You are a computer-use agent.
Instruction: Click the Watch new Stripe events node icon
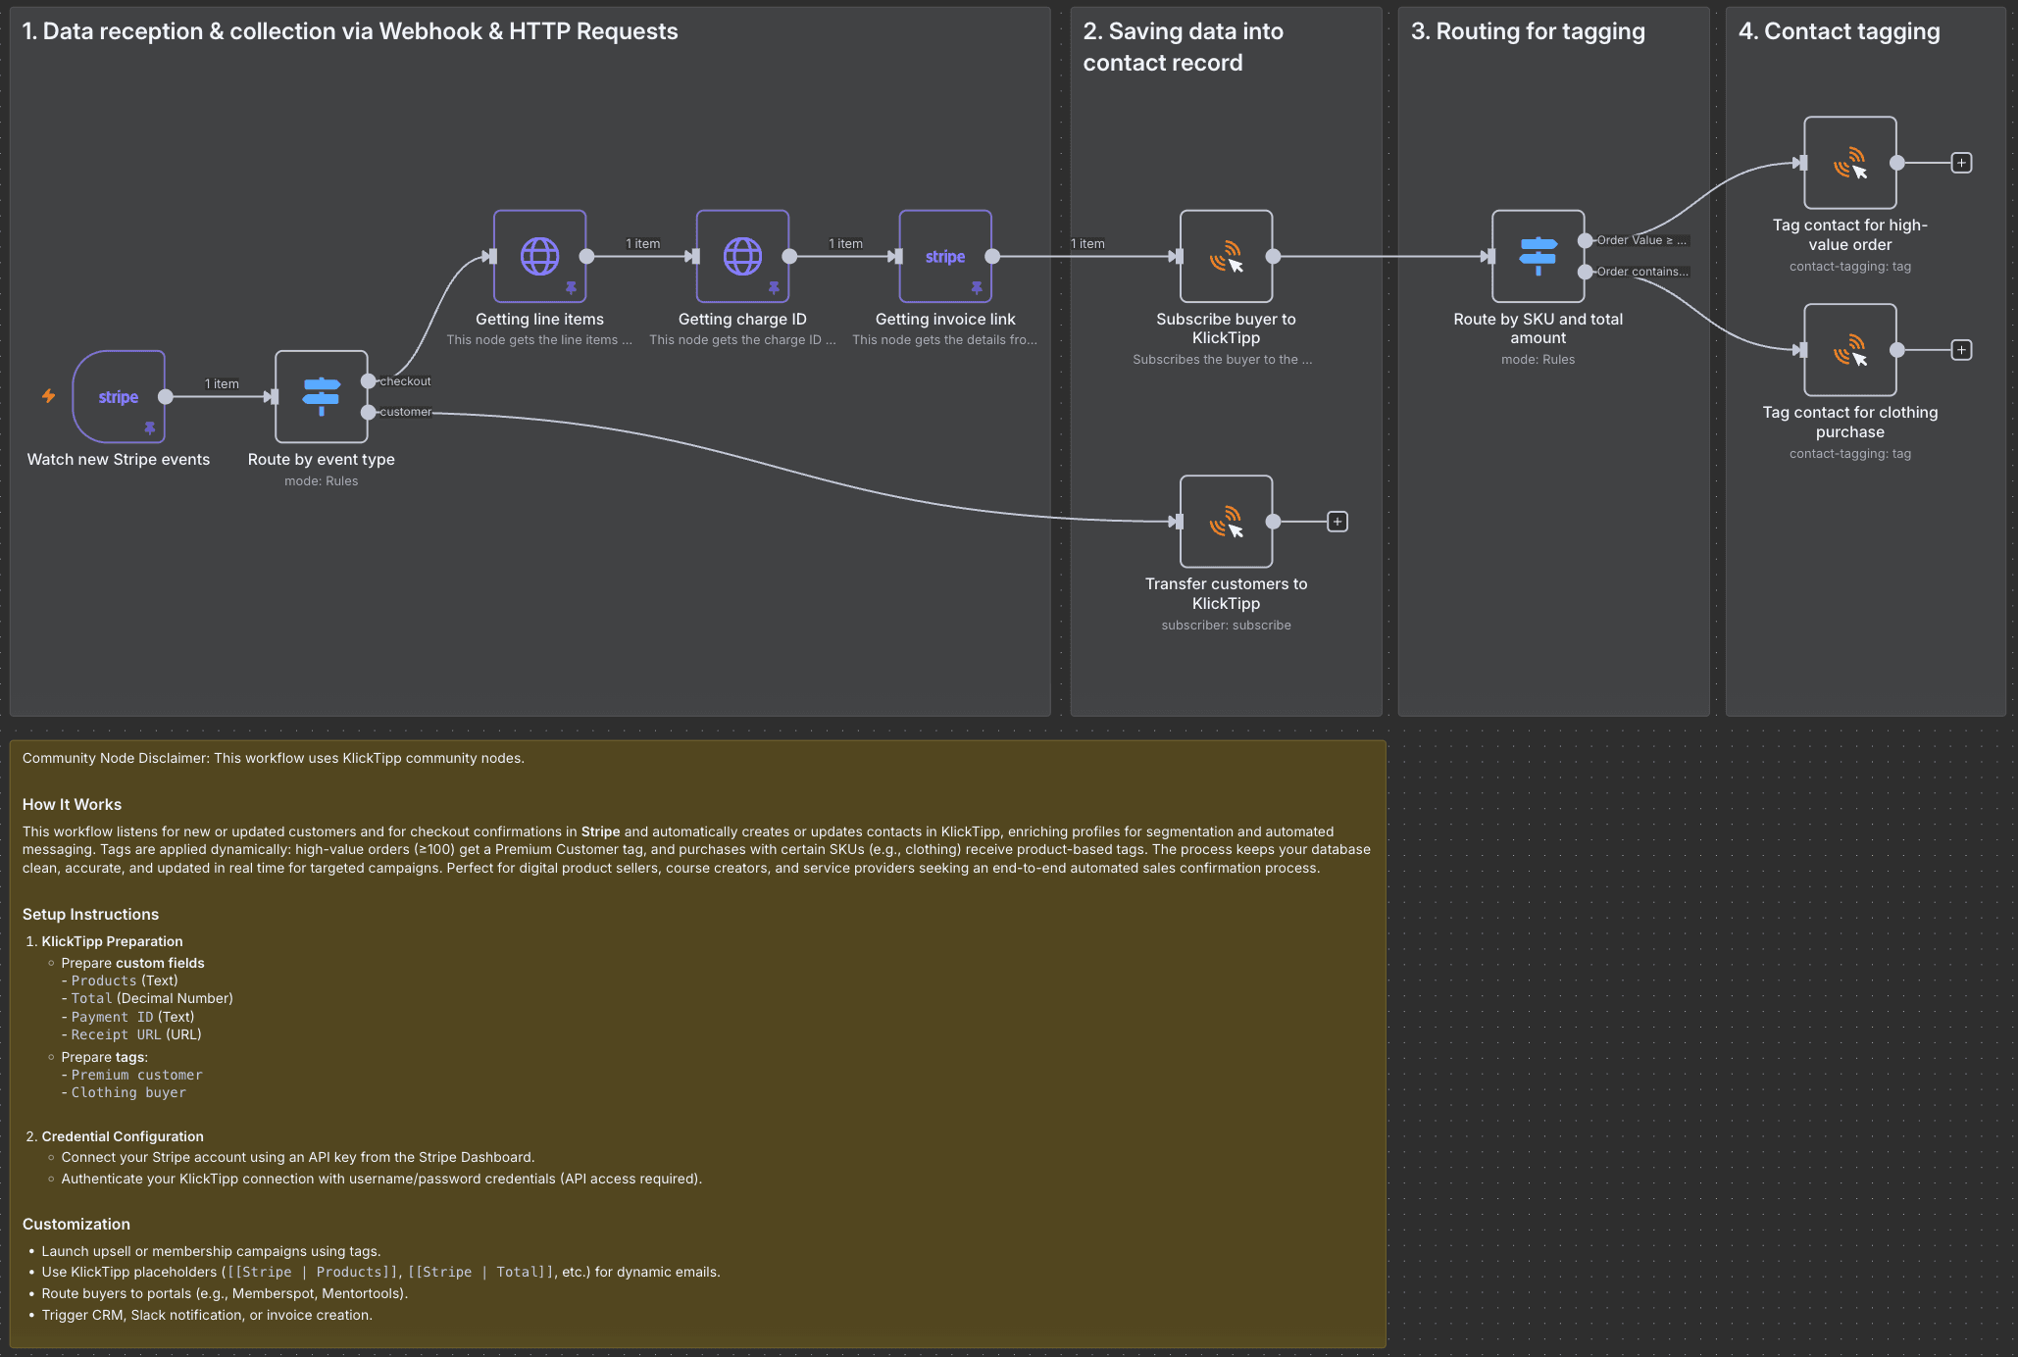click(x=119, y=396)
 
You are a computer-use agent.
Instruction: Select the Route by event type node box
click(x=321, y=396)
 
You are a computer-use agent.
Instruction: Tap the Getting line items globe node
click(x=539, y=256)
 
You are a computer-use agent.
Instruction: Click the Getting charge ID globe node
click(x=742, y=256)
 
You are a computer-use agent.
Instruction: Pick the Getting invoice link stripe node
click(x=945, y=256)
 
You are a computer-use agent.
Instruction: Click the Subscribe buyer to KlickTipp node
click(x=1226, y=256)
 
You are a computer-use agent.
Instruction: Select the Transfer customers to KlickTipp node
click(x=1226, y=521)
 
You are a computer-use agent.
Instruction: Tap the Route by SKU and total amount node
click(x=1538, y=256)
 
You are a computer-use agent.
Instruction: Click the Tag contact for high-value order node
click(x=1849, y=163)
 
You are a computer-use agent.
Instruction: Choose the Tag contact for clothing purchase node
click(x=1849, y=350)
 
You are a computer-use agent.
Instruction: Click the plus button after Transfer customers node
click(x=1337, y=522)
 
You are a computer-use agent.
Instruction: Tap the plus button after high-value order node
click(x=1961, y=163)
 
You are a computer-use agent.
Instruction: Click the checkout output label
click(x=405, y=381)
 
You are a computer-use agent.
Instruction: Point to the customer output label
click(x=405, y=412)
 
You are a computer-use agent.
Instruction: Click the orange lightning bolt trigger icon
click(x=48, y=396)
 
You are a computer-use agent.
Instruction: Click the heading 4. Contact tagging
click(x=1839, y=31)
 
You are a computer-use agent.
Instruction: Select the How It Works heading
click(x=72, y=804)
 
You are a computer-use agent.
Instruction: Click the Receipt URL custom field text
click(x=116, y=1034)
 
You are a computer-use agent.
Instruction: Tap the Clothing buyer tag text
click(x=127, y=1092)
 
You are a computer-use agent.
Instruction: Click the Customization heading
click(x=76, y=1224)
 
